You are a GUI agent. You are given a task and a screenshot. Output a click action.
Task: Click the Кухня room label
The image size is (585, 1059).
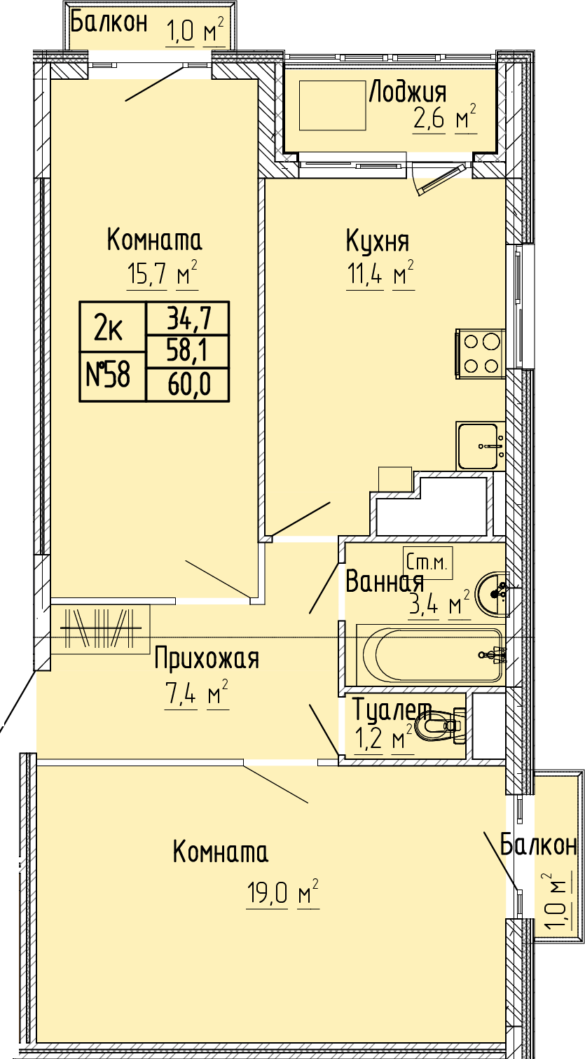tap(378, 241)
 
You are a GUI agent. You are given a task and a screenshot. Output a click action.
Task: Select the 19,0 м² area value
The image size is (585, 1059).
tap(283, 892)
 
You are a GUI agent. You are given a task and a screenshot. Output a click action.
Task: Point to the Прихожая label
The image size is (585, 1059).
tap(207, 660)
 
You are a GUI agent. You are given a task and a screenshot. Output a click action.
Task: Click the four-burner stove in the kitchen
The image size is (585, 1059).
tap(479, 353)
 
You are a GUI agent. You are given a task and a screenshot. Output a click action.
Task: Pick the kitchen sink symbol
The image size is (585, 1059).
tap(480, 446)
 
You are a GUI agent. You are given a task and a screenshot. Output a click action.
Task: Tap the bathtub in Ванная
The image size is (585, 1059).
tap(430, 655)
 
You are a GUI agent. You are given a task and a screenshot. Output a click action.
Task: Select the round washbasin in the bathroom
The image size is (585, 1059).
tap(492, 595)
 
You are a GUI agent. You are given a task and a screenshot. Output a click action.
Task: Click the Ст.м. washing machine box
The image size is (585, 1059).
tap(427, 562)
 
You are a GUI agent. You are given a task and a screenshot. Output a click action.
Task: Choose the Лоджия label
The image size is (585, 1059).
tap(407, 92)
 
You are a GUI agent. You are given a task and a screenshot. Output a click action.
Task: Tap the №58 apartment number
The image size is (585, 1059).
tap(109, 376)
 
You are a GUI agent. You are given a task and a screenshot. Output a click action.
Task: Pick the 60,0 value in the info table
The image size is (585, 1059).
tap(189, 385)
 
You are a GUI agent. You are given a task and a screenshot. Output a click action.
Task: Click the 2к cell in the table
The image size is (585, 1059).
tap(109, 328)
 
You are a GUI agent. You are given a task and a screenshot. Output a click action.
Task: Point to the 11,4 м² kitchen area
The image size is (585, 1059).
tap(380, 273)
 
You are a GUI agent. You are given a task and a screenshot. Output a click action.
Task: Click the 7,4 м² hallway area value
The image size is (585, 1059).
tap(196, 694)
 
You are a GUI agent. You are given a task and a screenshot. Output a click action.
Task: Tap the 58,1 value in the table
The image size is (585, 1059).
tap(189, 352)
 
